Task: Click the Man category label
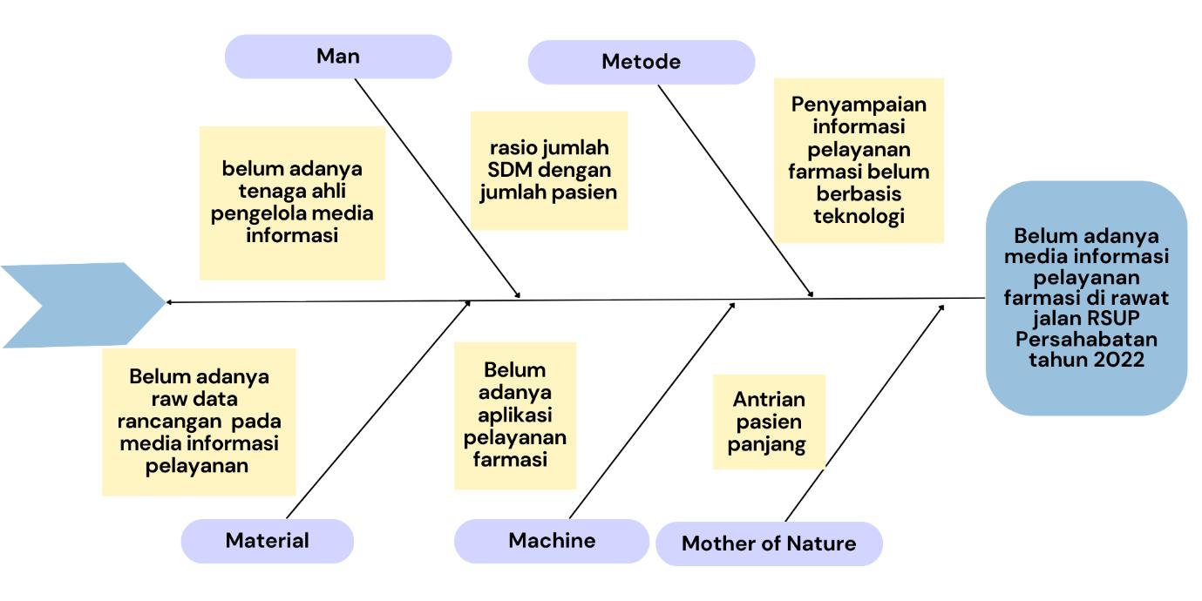(338, 57)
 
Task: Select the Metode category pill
(641, 62)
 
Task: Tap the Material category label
(267, 540)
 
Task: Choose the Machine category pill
(551, 540)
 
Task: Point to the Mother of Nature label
(768, 544)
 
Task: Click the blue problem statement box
(1086, 298)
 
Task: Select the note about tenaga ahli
(292, 202)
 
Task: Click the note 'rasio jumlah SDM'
(548, 170)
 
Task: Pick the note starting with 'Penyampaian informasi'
(859, 160)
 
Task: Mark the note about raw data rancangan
(199, 422)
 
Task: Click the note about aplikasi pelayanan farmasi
(514, 415)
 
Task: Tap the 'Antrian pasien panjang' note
(769, 422)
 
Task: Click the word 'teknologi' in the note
(859, 216)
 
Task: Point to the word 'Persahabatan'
(1086, 339)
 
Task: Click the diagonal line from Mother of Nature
(863, 414)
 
